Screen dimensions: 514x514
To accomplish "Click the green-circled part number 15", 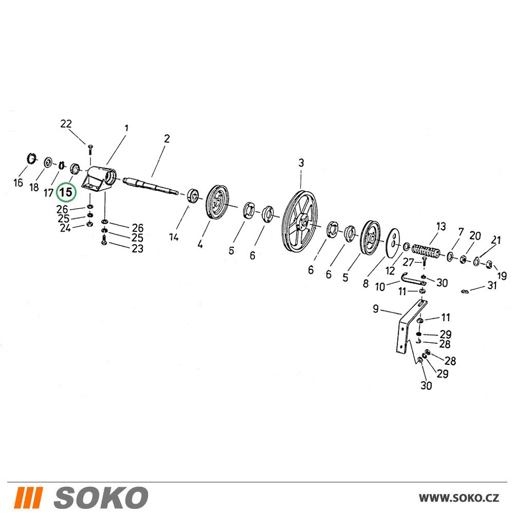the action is [66, 192].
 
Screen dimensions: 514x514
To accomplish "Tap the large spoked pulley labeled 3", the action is [300, 221].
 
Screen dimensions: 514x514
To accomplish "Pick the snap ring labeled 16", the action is [30, 158].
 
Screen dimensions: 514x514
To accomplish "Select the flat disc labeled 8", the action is [393, 243].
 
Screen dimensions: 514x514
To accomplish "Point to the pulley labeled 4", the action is [216, 203].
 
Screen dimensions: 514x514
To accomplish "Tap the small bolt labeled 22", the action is [89, 150].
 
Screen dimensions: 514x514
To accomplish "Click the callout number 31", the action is [492, 285].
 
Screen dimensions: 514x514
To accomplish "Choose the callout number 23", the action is [137, 248].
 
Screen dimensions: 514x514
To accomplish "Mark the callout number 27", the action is [409, 262].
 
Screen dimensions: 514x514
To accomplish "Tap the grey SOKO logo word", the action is [101, 497].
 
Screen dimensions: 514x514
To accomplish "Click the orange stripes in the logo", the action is [29, 497].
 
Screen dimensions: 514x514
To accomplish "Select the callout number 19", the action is [502, 276].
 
